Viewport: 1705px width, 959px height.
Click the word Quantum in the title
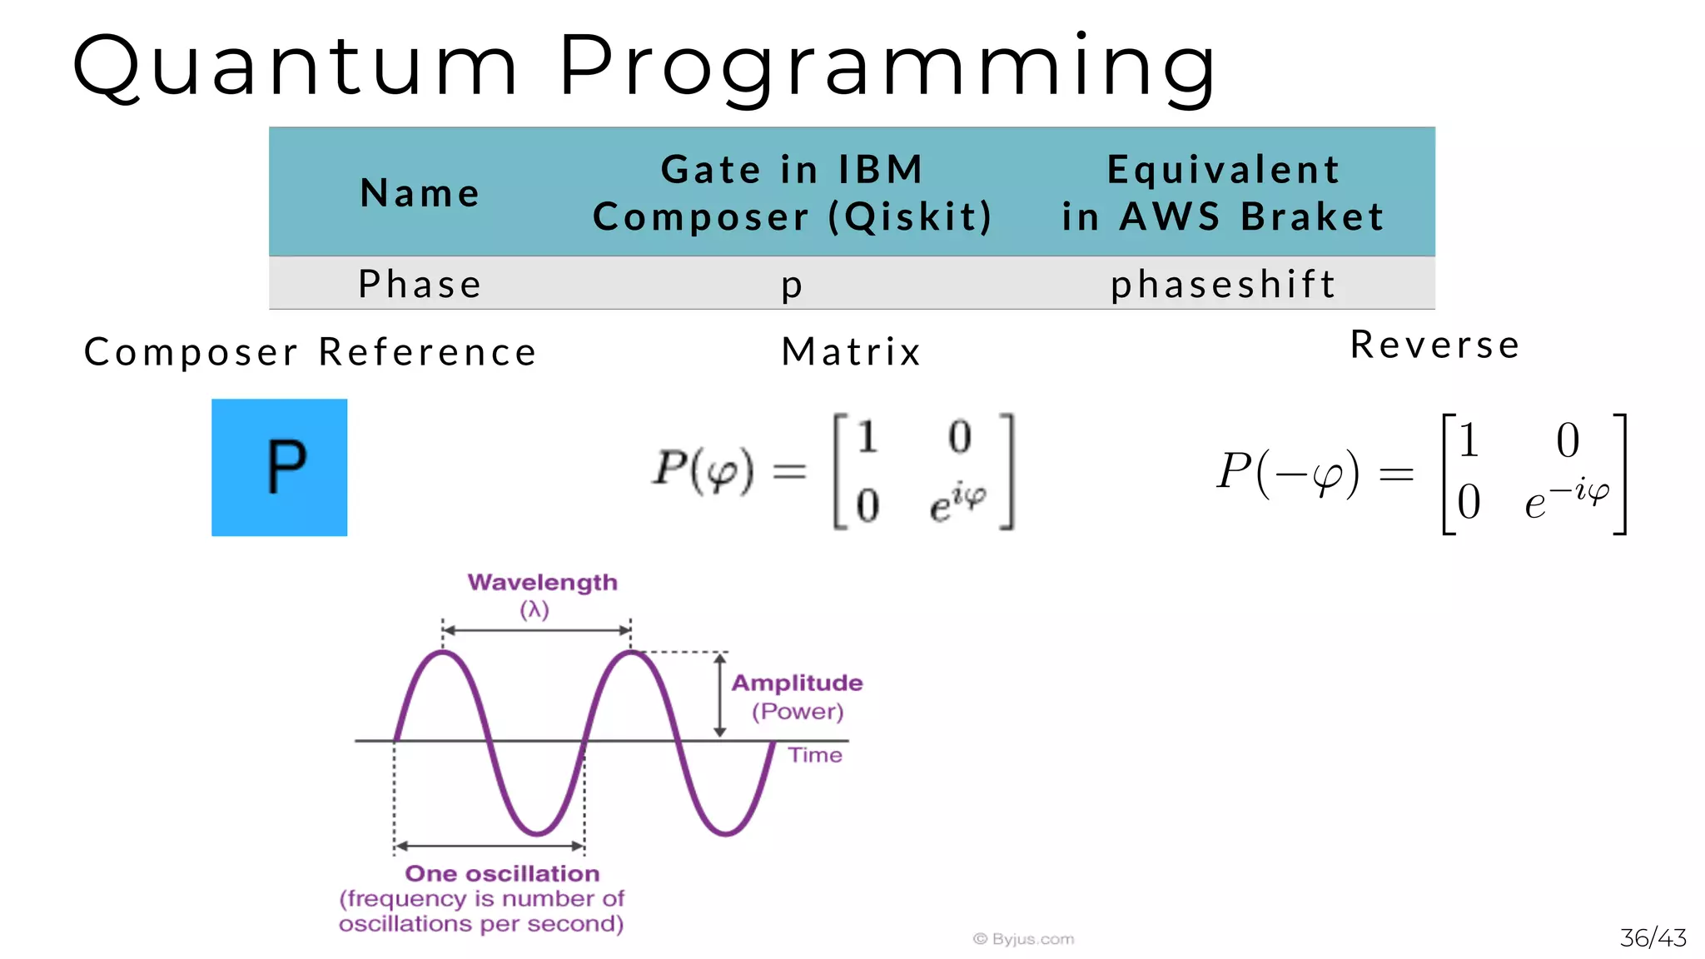click(296, 67)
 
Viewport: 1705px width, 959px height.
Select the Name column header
click(420, 193)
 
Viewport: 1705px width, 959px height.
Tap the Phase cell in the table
click(420, 285)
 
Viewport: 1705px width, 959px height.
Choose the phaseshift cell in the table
click(1223, 285)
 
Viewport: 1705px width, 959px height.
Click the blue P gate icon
click(280, 467)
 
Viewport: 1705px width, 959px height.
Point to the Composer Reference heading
click(311, 352)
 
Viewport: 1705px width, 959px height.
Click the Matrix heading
click(852, 351)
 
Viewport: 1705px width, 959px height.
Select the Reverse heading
click(1435, 345)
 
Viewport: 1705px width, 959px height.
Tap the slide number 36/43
click(1653, 938)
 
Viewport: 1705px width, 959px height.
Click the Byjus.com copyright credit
click(1023, 939)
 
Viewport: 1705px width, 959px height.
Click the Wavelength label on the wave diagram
click(542, 582)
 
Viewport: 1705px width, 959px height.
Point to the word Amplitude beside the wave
click(797, 683)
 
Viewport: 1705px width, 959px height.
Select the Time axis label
click(815, 755)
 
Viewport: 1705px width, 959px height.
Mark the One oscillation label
click(502, 873)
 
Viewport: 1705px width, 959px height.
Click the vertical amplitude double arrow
click(720, 695)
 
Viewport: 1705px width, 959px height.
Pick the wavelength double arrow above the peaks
click(536, 630)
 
